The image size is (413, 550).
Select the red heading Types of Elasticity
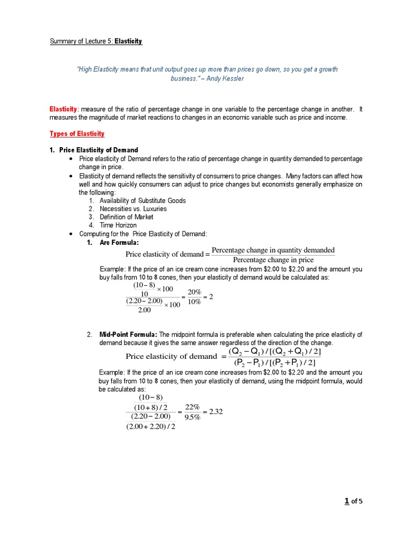click(77, 133)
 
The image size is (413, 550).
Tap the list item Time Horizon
click(118, 225)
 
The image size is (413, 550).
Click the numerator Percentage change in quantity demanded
click(273, 250)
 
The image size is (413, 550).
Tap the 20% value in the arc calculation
click(194, 292)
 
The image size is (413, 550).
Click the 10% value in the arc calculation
click(194, 302)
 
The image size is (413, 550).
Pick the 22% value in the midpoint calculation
click(193, 407)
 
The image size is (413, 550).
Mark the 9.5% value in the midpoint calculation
click(193, 417)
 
